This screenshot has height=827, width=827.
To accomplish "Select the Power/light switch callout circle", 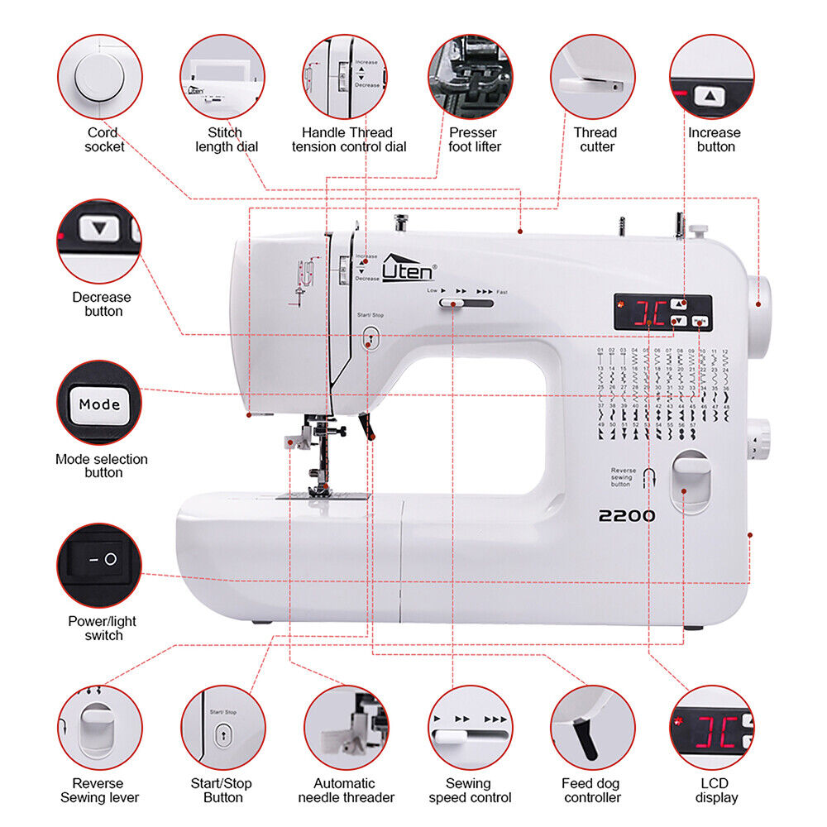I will coord(99,566).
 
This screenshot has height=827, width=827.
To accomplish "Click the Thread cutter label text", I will coord(595,140).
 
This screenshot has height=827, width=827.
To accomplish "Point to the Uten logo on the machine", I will coord(408,268).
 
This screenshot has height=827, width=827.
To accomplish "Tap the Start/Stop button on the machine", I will coord(370,336).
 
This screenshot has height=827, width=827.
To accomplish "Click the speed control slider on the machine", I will coord(453,304).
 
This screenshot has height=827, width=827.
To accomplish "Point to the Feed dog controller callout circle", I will coord(593,728).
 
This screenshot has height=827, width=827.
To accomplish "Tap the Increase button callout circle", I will coord(711,76).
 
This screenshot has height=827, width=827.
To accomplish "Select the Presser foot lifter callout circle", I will coord(471,76).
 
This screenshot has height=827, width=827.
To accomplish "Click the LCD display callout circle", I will coord(711,728).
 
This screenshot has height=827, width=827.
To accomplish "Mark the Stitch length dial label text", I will coord(226,140).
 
